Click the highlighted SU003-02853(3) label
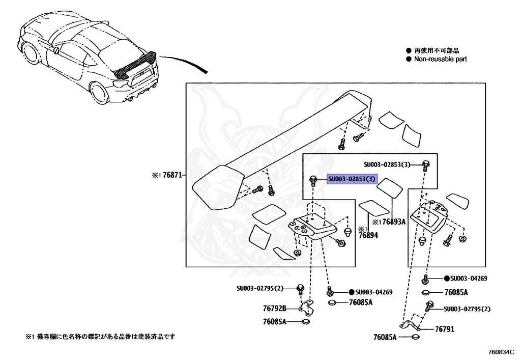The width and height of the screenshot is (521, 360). tap(352, 179)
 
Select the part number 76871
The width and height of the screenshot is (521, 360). tap(172, 175)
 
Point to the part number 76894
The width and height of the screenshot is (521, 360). tap(368, 235)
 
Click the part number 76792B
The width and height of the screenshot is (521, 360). tap(275, 309)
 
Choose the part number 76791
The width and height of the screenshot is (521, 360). tap(444, 329)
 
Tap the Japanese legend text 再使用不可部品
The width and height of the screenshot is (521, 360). tap(436, 51)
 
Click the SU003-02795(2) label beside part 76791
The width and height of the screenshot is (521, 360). tap(467, 309)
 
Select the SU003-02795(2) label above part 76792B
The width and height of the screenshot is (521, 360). tap(259, 289)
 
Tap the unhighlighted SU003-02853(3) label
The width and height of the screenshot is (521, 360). tap(387, 164)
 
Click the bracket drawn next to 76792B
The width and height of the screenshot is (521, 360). tap(307, 308)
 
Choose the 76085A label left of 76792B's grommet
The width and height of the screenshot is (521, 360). tap(275, 322)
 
